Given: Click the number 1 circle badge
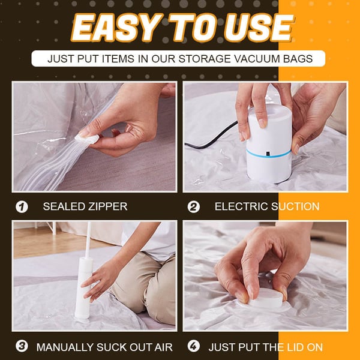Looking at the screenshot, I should point(22,207).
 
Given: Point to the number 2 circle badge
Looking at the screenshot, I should point(193,207).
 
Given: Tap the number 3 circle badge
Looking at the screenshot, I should point(22,347).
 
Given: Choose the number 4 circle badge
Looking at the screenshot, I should point(193,347).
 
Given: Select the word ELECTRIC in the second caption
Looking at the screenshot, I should point(241,207).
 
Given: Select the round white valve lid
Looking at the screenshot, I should point(268,299).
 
